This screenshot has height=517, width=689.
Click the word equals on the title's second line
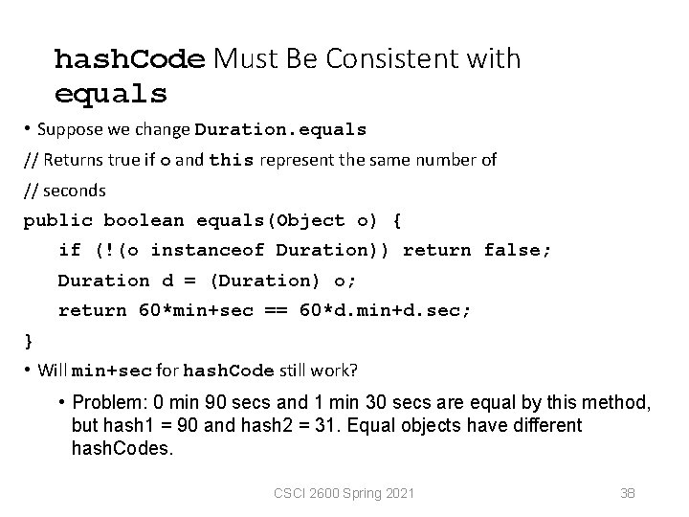click(111, 94)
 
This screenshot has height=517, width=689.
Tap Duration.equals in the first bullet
click(280, 129)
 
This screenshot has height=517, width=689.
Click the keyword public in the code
click(58, 220)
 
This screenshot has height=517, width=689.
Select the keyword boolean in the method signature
click(144, 220)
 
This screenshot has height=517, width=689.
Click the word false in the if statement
click(517, 251)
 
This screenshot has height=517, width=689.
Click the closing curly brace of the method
click(29, 340)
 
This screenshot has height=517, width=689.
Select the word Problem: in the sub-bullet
click(104, 403)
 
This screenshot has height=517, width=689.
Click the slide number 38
click(628, 493)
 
